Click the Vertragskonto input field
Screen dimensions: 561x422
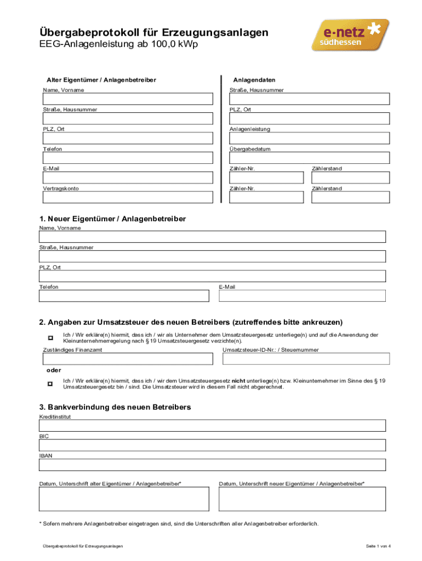click(128, 197)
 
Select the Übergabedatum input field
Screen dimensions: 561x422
click(310, 158)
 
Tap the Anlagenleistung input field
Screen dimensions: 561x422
click(310, 138)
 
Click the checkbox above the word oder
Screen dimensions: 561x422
click(50, 337)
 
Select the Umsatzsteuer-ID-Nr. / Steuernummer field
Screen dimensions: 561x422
click(306, 359)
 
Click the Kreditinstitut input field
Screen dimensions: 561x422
click(212, 426)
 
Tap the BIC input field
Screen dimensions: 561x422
click(212, 445)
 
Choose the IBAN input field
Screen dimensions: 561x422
click(212, 465)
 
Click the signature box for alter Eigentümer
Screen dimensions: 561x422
click(124, 499)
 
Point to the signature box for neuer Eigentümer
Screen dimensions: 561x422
click(302, 499)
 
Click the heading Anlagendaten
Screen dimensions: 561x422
click(254, 80)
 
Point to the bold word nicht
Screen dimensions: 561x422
click(238, 380)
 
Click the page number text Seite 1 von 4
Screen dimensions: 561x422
click(378, 546)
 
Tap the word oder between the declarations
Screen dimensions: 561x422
click(53, 370)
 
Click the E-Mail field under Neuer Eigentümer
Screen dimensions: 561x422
click(302, 296)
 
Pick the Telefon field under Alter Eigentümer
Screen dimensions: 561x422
click(128, 158)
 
